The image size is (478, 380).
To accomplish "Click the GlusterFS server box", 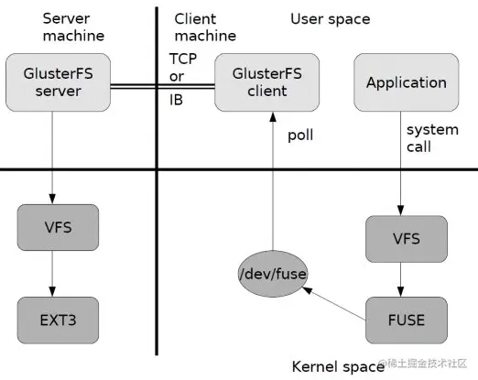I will click(x=55, y=81).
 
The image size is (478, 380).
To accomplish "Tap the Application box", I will click(x=405, y=82).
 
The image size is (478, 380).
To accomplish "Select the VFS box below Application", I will click(x=406, y=238).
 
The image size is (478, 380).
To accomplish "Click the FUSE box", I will click(x=406, y=320).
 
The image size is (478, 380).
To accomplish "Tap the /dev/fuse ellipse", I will click(x=272, y=273).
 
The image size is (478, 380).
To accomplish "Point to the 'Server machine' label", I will click(x=72, y=27).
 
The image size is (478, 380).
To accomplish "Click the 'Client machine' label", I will click(x=205, y=27).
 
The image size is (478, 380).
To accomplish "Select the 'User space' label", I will click(x=331, y=18).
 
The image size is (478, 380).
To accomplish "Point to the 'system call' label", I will click(x=431, y=137).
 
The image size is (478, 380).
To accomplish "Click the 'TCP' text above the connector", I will click(x=183, y=58).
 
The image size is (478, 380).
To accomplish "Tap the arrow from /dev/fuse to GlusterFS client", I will click(x=271, y=183).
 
